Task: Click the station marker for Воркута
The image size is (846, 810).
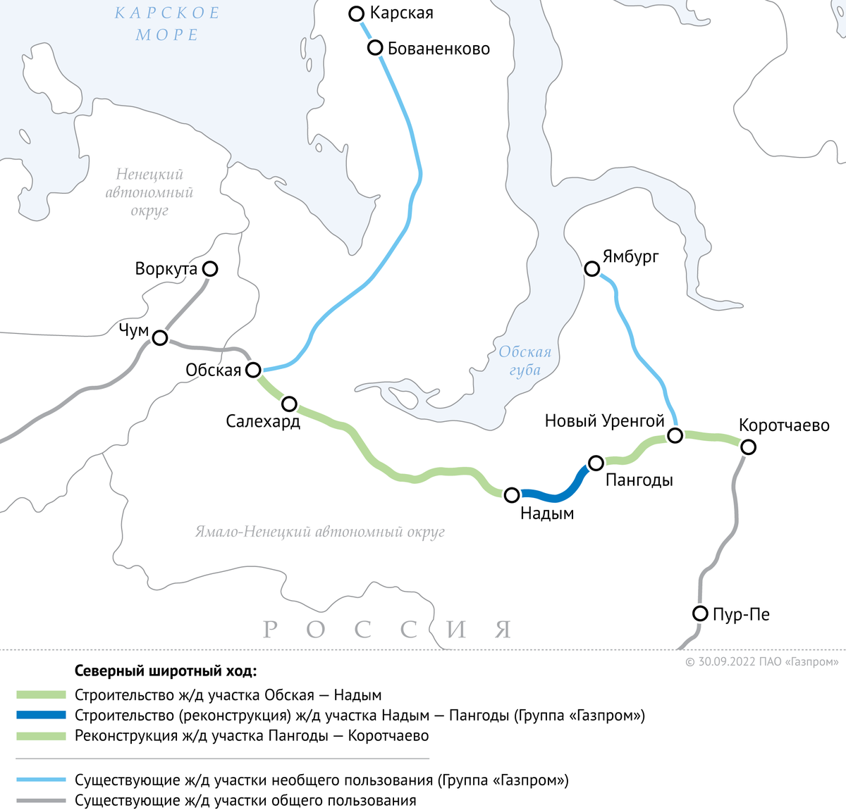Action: [209, 268]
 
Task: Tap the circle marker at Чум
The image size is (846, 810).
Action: [160, 338]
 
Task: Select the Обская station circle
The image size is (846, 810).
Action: [252, 370]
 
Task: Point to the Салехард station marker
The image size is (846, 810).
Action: [289, 404]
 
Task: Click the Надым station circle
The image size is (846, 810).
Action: [512, 495]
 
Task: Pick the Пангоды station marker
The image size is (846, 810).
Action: [596, 463]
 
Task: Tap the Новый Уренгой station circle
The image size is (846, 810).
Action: [675, 435]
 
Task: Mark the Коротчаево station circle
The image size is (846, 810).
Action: [748, 447]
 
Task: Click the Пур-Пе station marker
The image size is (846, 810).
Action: [700, 613]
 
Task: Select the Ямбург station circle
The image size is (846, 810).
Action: [592, 268]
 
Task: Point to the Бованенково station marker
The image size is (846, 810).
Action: [375, 48]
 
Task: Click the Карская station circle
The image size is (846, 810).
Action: [357, 13]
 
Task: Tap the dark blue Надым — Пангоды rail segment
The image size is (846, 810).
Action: [557, 495]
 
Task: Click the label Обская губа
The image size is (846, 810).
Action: [525, 361]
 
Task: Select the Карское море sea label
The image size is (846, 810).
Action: [167, 24]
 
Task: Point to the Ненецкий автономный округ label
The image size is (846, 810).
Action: [149, 192]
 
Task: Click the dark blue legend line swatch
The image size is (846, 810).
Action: [41, 716]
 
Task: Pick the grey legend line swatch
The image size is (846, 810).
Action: [41, 801]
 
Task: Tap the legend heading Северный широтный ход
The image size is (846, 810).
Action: [166, 671]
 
